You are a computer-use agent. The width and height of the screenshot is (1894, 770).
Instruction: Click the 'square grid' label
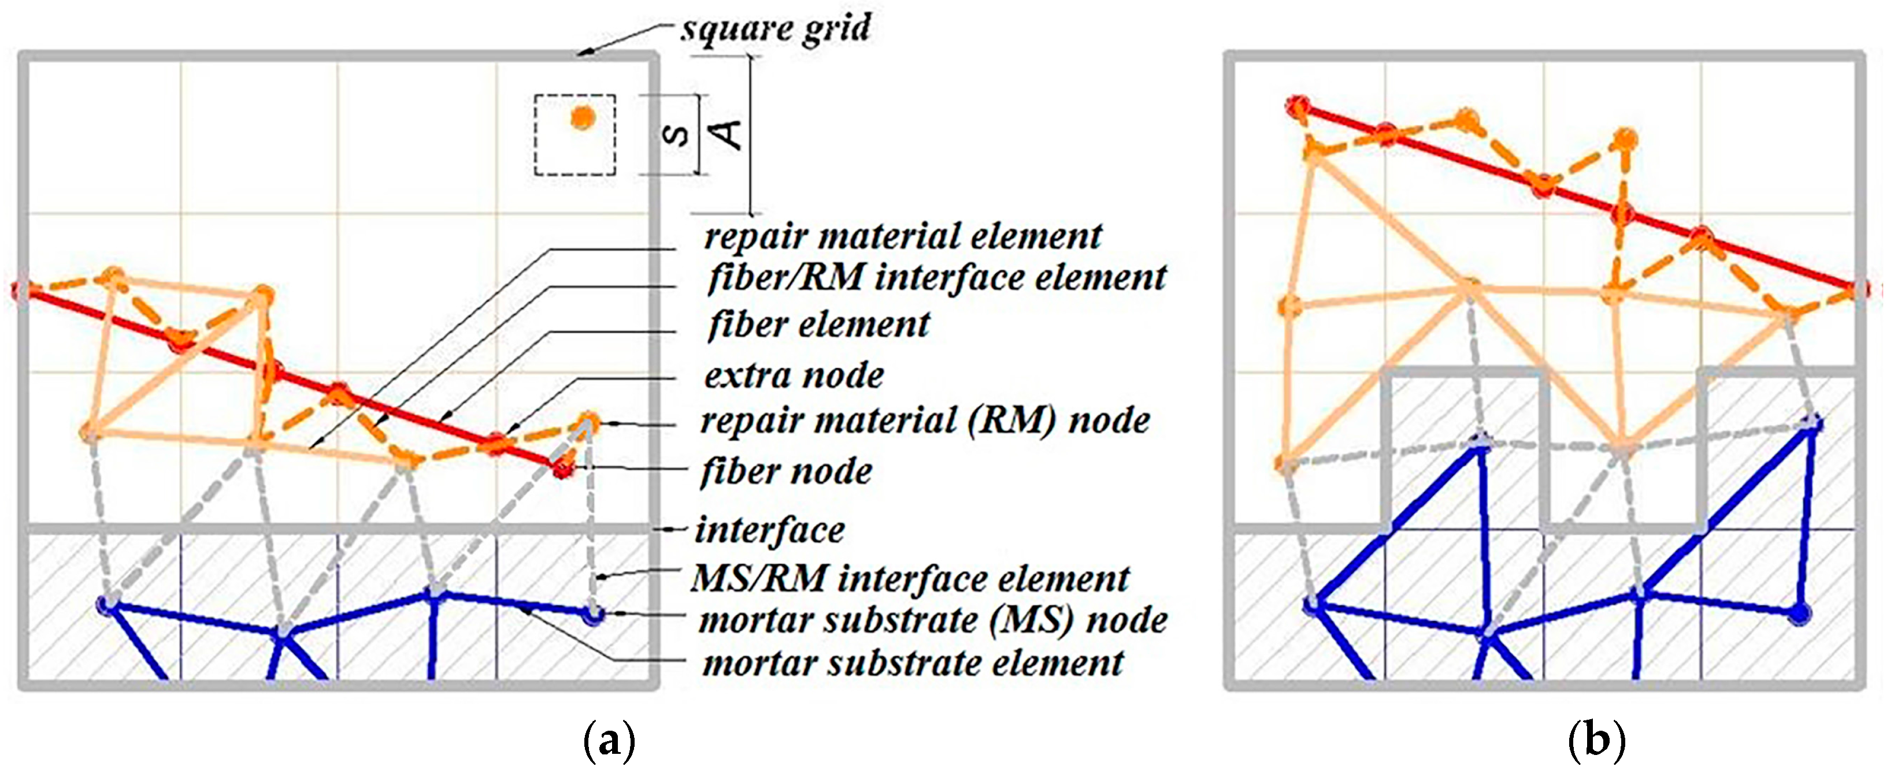point(776,29)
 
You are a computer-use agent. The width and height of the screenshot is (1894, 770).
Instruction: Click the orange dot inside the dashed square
point(583,117)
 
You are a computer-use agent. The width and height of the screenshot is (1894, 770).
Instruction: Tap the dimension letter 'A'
point(729,133)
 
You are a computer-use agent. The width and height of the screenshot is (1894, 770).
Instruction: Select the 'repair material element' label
point(902,237)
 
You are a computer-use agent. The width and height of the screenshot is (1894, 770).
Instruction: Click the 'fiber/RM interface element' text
point(936,278)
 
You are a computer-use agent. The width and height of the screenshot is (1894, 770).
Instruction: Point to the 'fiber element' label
point(818,325)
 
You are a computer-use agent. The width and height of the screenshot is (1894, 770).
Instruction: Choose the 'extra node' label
point(794,375)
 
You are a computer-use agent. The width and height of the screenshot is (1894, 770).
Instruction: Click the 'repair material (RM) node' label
point(925,421)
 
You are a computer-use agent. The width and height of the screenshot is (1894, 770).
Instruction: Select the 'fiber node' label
point(786,471)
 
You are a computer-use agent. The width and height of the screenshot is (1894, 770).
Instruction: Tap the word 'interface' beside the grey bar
point(770,530)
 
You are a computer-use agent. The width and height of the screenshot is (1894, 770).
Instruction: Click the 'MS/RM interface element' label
point(910,578)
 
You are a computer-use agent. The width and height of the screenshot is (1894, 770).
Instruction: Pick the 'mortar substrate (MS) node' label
point(932,620)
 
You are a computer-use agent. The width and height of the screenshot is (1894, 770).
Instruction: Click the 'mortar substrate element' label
point(913,663)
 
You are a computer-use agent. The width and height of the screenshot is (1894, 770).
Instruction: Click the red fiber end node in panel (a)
point(563,468)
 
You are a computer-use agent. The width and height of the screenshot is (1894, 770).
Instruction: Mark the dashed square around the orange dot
point(536,135)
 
